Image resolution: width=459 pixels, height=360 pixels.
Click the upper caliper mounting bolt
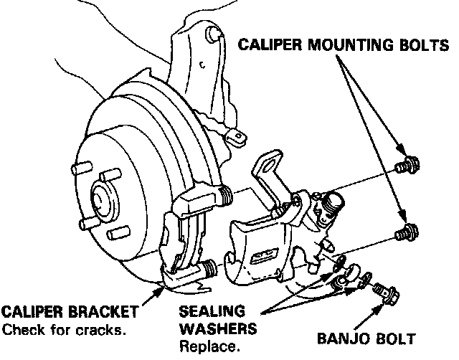[408, 167]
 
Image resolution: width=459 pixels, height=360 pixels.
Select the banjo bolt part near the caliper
[387, 292]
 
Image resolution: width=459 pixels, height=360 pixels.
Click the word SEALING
[209, 313]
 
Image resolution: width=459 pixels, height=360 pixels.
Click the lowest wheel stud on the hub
[115, 234]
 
